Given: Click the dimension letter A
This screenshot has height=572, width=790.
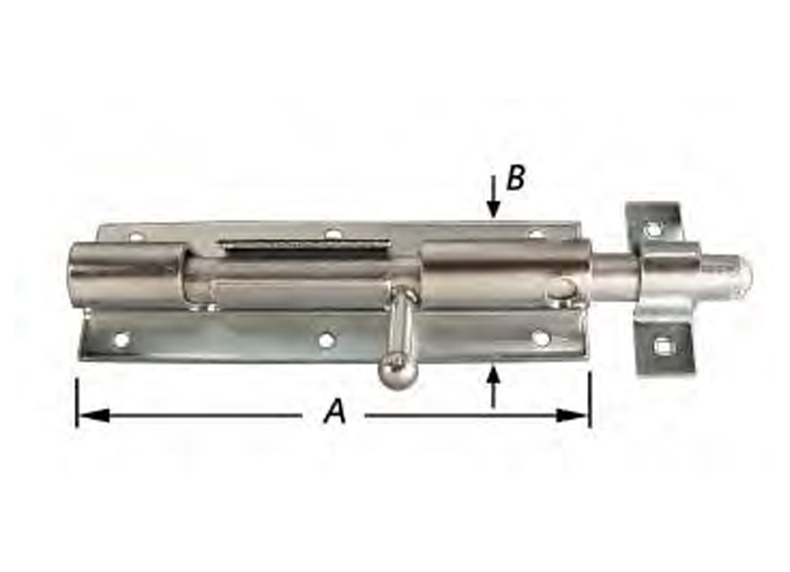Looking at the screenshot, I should (x=335, y=411).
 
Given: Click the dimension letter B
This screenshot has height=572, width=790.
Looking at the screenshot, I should (x=515, y=179).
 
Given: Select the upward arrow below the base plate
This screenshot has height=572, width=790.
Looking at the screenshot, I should (x=494, y=385).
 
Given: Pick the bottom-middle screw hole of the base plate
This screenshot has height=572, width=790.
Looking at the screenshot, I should (x=326, y=339).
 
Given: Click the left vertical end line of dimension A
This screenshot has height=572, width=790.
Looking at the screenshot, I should (x=78, y=403).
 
